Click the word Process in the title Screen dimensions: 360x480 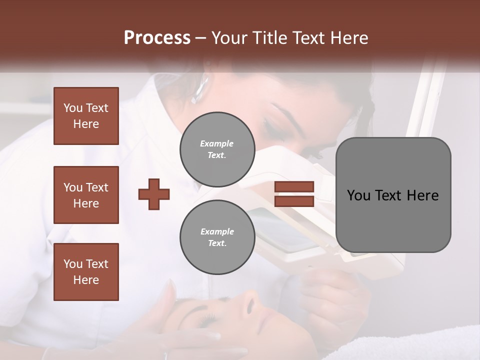tap(157, 38)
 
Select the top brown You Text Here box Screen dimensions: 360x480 tap(86, 116)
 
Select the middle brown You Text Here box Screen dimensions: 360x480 tap(86, 195)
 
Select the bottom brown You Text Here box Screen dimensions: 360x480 tap(86, 271)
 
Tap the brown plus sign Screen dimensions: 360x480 tap(154, 194)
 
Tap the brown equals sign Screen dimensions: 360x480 tap(294, 194)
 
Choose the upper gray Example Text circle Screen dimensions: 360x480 tap(217, 149)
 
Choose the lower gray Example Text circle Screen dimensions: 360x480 tap(217, 237)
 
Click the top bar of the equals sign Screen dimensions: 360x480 tap(294, 187)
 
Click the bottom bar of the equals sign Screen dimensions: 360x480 tap(294, 201)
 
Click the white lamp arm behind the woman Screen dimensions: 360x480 tap(425, 100)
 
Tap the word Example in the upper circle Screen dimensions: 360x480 tap(217, 143)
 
